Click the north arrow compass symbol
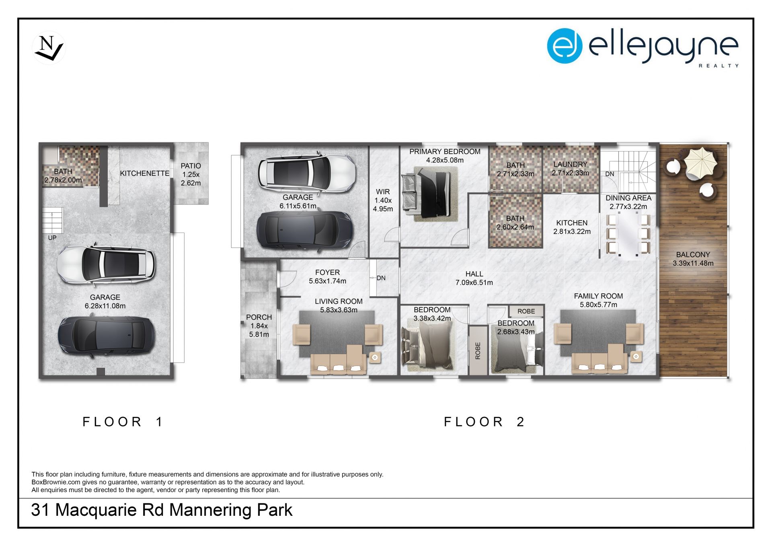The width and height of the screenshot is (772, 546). pyautogui.click(x=49, y=48)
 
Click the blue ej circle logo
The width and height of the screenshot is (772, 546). pyautogui.click(x=565, y=45)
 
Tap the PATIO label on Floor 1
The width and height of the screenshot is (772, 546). pyautogui.click(x=191, y=166)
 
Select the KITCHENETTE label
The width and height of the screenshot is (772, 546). pyautogui.click(x=144, y=173)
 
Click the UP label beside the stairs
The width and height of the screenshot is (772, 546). pyautogui.click(x=52, y=238)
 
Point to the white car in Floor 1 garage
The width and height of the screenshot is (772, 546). pyautogui.click(x=106, y=264)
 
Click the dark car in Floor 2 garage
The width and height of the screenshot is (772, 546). pyautogui.click(x=305, y=231)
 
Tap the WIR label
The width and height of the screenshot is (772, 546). pyautogui.click(x=383, y=192)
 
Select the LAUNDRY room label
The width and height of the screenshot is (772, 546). pyautogui.click(x=570, y=164)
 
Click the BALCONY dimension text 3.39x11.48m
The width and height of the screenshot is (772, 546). pyautogui.click(x=693, y=264)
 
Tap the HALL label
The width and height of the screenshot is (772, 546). pyautogui.click(x=474, y=274)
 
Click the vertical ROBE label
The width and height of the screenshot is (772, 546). pyautogui.click(x=478, y=350)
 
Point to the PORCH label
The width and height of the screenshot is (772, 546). pyautogui.click(x=259, y=317)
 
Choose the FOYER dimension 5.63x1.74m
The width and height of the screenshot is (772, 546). pyautogui.click(x=327, y=281)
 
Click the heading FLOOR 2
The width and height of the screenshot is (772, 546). pyautogui.click(x=485, y=422)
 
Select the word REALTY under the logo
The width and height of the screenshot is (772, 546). pyautogui.click(x=719, y=66)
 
